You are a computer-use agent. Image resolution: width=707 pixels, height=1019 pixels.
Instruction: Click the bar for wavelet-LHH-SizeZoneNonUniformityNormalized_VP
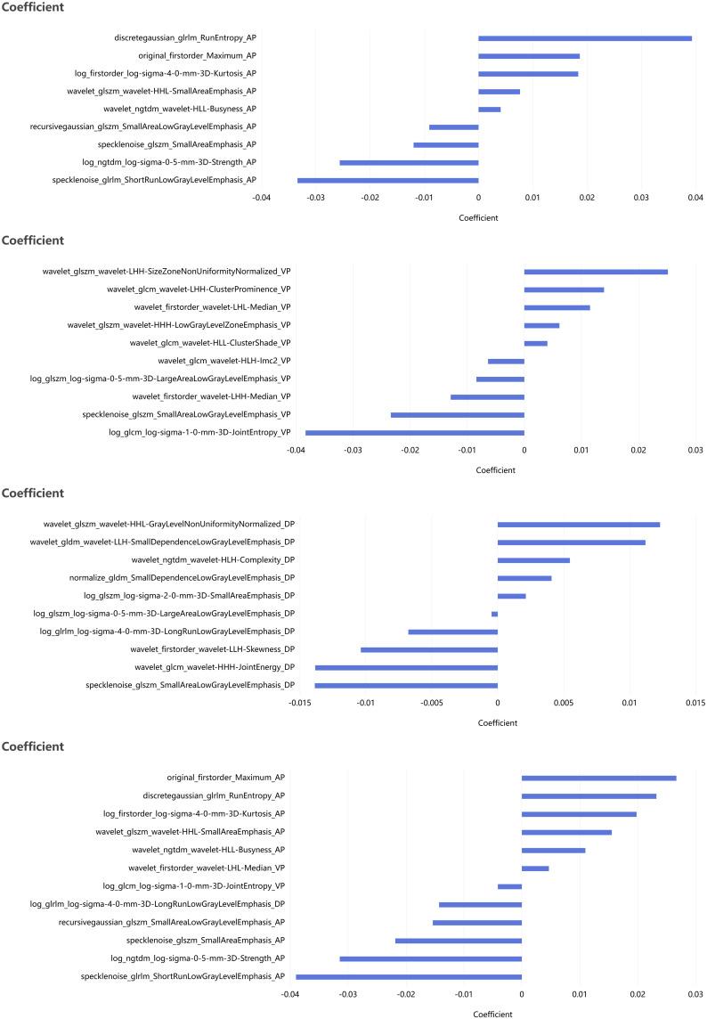click(596, 272)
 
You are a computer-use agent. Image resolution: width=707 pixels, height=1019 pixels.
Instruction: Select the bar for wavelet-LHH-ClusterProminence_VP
click(564, 289)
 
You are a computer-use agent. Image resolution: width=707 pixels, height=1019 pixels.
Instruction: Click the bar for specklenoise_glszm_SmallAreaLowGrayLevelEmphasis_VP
click(457, 415)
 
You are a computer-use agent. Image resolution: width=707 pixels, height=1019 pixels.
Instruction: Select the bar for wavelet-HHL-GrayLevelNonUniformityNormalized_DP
click(578, 525)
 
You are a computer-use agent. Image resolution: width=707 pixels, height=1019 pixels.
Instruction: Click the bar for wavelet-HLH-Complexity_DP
click(533, 560)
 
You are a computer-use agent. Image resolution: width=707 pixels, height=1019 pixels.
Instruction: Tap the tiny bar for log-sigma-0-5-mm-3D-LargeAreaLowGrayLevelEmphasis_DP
click(494, 614)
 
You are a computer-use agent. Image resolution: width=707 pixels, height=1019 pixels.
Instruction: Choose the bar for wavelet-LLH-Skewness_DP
click(428, 649)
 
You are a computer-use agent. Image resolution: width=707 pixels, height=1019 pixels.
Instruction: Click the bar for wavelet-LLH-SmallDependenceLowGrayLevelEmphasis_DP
click(571, 542)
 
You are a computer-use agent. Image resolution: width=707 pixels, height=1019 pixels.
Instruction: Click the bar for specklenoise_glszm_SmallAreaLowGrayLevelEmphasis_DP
click(406, 685)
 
